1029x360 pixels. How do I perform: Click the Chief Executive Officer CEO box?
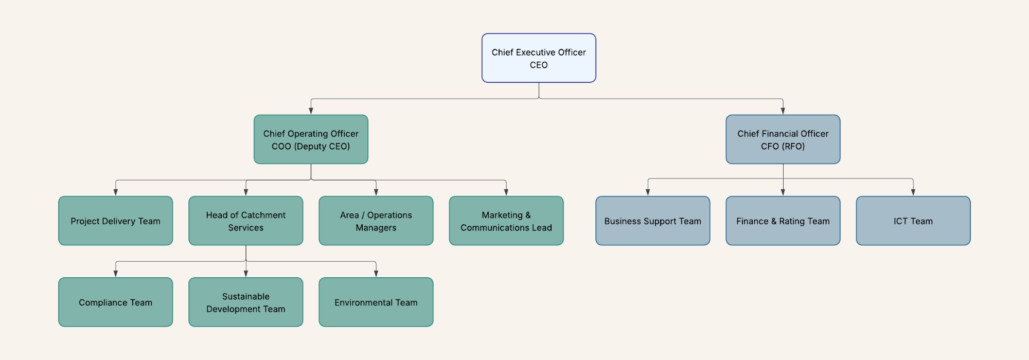[539, 58]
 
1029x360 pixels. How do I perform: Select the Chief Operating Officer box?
[311, 139]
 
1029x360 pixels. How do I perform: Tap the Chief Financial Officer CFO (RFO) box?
[783, 139]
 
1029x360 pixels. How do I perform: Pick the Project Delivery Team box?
[115, 221]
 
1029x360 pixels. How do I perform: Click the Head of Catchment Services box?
[245, 221]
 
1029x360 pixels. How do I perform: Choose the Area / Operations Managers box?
[376, 221]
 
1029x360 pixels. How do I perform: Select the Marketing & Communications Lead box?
[506, 221]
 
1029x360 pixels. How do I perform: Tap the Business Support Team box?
[652, 221]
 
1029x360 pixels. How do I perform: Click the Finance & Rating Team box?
[783, 221]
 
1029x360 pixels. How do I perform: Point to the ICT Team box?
[913, 221]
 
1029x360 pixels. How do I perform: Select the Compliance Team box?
[115, 302]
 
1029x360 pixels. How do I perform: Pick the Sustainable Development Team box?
[245, 302]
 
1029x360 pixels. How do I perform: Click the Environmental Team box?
[376, 302]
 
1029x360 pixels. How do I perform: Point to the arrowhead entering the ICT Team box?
[913, 192]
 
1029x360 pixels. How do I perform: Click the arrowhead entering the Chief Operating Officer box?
[311, 111]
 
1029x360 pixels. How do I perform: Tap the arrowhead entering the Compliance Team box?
[115, 274]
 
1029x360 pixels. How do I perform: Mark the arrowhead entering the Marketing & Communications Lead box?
[506, 192]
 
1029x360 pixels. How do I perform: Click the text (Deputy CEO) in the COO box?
[322, 146]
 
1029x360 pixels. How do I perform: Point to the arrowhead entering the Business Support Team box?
[648, 192]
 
